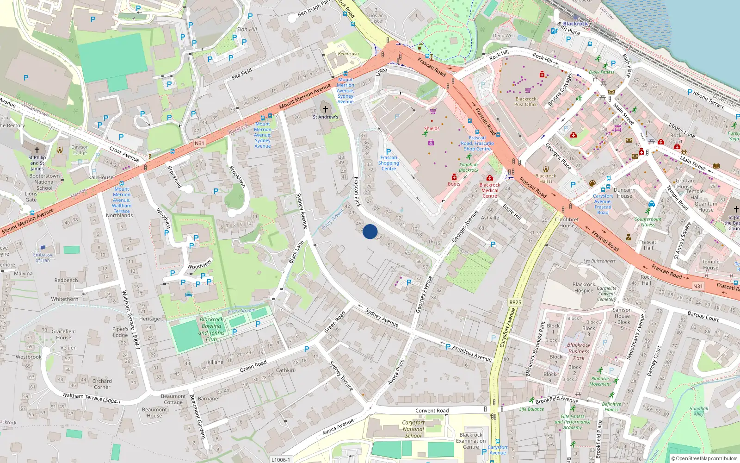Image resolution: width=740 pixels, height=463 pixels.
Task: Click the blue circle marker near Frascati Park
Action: [x=370, y=231]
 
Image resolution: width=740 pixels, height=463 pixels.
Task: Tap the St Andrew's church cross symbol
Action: [x=325, y=109]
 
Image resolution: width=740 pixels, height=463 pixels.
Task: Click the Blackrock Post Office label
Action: [x=526, y=102]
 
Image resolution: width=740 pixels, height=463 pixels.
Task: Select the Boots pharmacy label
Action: [x=454, y=184]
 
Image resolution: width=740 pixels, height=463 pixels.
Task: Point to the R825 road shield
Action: [x=515, y=302]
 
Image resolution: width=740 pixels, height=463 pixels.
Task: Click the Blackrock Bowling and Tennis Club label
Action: [x=211, y=329]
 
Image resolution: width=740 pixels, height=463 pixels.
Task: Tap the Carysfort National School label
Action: [x=413, y=429]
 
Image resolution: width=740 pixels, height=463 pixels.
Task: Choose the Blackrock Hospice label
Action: [x=584, y=288]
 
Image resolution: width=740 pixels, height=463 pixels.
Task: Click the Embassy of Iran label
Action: [x=43, y=257]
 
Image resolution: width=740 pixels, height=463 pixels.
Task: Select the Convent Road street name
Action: [x=432, y=411]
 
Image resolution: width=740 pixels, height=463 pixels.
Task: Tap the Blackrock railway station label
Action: [x=575, y=24]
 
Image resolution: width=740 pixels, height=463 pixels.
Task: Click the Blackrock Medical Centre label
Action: [x=490, y=190]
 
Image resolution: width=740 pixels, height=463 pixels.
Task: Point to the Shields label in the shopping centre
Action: [x=432, y=129]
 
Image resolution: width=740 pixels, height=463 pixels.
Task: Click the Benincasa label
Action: [x=348, y=54]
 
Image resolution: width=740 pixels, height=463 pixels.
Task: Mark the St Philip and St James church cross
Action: [x=37, y=150]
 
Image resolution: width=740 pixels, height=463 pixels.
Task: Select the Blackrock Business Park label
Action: [x=579, y=351]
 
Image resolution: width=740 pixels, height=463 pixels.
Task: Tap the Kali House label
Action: [x=100, y=177]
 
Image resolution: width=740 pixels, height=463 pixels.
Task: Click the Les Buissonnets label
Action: [x=599, y=261]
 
